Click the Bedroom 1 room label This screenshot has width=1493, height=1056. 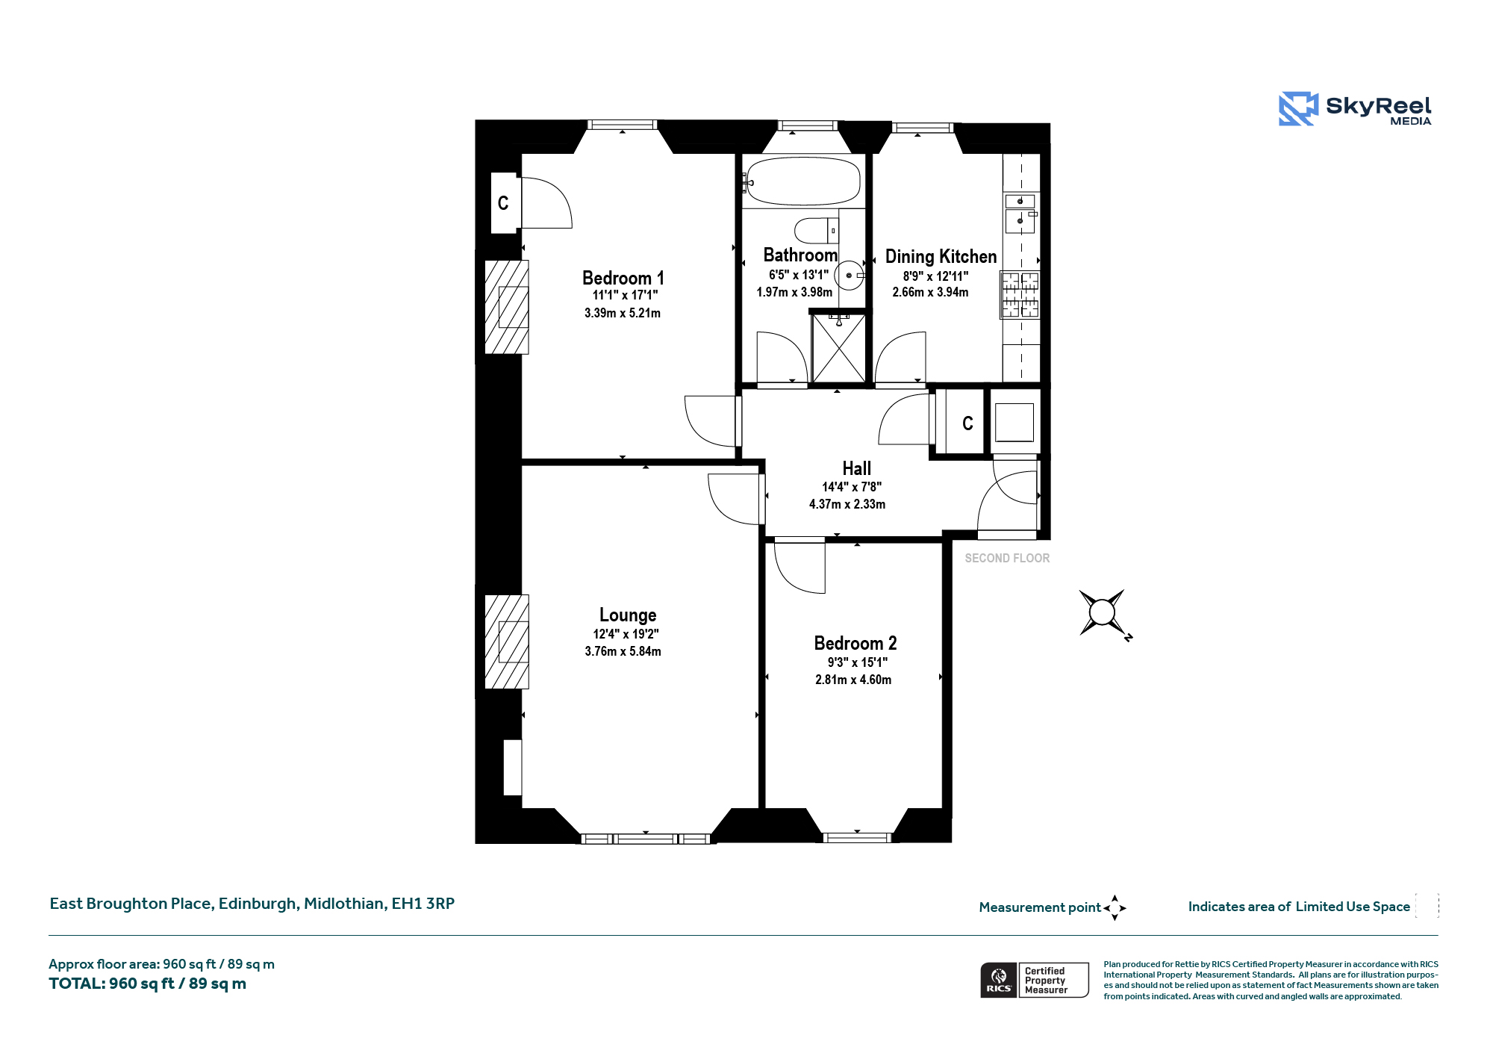(x=623, y=278)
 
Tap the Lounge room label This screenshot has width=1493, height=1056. (x=628, y=615)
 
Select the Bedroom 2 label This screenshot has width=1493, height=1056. (x=855, y=643)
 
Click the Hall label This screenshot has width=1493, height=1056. (x=856, y=468)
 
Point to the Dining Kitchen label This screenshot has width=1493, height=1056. (x=941, y=256)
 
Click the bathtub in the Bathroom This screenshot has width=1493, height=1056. (x=802, y=181)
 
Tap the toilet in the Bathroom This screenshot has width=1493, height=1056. (x=817, y=231)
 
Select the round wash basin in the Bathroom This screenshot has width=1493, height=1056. (x=849, y=276)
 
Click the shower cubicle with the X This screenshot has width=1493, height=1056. (x=838, y=349)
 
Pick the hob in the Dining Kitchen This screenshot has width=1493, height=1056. (x=1020, y=293)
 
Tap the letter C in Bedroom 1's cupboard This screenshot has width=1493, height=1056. (x=503, y=203)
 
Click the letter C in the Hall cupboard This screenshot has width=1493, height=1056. (x=967, y=423)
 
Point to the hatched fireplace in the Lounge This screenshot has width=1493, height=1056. (x=507, y=642)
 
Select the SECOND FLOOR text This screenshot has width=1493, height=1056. (x=1007, y=558)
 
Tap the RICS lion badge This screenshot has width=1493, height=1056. (x=999, y=980)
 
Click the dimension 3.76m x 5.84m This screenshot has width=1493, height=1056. (x=623, y=651)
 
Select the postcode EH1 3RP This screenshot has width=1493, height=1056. (x=423, y=903)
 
